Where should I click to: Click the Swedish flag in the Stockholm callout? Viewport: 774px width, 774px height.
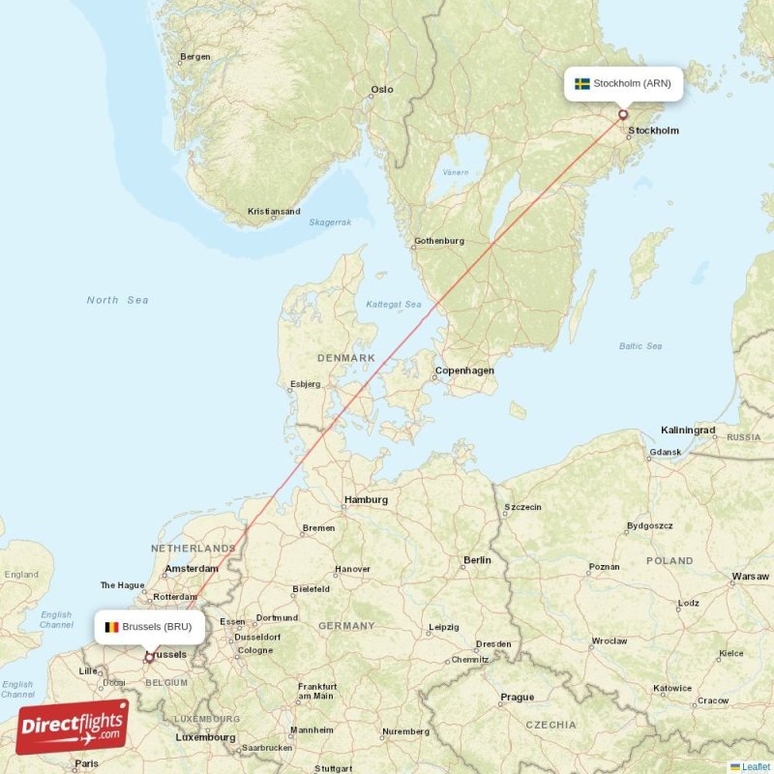[582, 84]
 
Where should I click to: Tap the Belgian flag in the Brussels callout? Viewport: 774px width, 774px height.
[112, 627]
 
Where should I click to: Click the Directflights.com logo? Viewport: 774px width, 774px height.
[73, 727]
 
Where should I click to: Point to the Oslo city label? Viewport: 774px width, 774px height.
[382, 89]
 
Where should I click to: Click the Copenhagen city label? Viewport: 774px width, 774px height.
[464, 371]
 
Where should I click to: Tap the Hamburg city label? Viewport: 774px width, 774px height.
[366, 500]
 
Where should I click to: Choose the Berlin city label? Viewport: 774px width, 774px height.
[477, 560]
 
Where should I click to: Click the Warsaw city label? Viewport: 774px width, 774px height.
[751, 577]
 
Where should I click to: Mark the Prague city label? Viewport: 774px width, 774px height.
[517, 697]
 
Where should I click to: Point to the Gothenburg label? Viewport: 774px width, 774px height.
[439, 241]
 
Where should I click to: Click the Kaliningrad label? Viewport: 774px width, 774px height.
[688, 430]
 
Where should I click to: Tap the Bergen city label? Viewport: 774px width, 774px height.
[195, 57]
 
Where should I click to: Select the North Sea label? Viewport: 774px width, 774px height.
[117, 300]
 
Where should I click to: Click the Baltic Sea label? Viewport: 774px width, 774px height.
[640, 345]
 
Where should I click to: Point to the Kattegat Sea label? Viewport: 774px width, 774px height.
[394, 305]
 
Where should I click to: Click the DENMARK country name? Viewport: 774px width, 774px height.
[345, 358]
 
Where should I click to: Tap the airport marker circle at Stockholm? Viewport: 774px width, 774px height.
[623, 114]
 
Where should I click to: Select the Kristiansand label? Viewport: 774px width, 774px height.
[274, 211]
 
